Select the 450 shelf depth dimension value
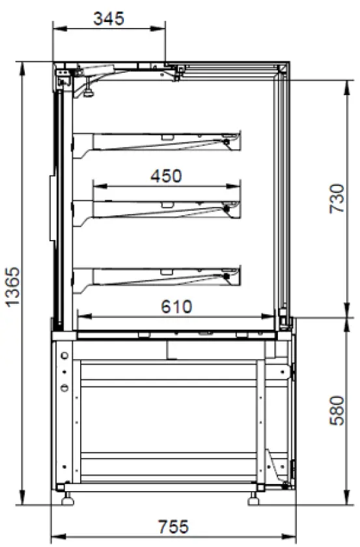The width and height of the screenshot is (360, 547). coord(166,176)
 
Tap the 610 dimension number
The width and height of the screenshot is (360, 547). coord(176,306)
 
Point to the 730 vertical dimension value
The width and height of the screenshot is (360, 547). coord(337,198)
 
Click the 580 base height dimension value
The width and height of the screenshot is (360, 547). coord(337,410)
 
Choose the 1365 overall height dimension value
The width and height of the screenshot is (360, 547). coord(12,286)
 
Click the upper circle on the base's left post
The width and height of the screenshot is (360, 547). coord(64,355)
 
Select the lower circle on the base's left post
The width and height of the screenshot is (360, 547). coord(64,388)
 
